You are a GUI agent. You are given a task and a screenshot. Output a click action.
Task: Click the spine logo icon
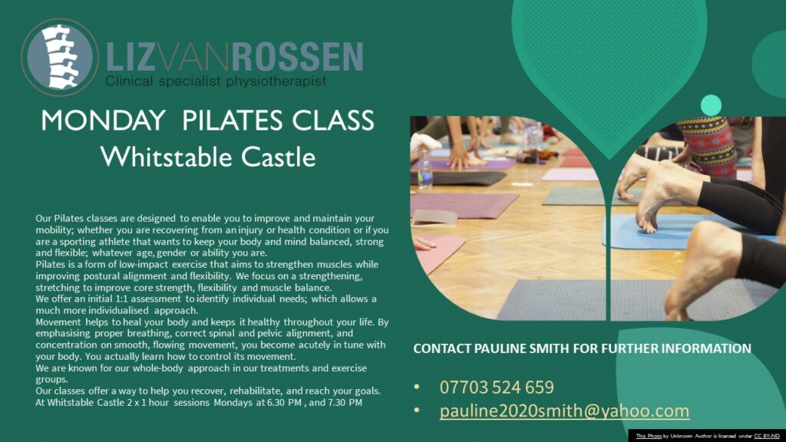60,57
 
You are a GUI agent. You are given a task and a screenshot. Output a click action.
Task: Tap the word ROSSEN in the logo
297,57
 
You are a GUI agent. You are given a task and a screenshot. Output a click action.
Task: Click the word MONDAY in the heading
103,120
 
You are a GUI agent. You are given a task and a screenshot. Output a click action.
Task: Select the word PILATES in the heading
233,120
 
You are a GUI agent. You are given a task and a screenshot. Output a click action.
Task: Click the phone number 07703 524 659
497,388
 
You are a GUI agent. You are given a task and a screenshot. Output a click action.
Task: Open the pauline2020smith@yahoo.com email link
564,411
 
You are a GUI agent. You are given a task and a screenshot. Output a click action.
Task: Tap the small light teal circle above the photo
711,105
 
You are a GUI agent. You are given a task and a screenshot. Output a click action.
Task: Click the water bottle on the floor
424,170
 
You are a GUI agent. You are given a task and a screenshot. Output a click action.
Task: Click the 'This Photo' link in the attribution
649,436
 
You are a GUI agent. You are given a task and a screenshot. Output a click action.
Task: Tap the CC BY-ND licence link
767,436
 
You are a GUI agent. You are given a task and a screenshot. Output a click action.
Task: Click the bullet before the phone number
417,388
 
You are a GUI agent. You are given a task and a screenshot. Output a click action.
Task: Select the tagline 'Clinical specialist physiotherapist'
216,81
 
